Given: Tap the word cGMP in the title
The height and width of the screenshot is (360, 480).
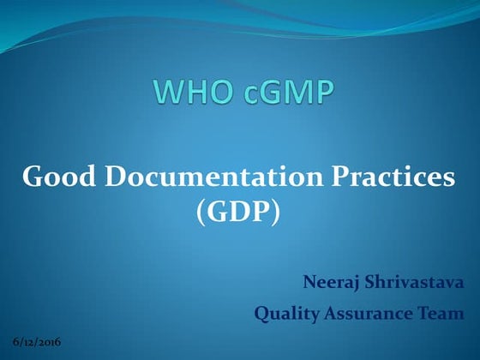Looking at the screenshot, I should tap(286, 92).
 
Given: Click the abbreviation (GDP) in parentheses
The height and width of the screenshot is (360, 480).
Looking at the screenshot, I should tap(238, 211).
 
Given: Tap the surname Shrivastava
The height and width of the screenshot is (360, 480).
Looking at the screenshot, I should tap(415, 281).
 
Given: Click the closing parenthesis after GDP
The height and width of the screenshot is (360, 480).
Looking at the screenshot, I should tap(276, 212).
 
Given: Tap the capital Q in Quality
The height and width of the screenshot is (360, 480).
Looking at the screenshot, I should tap(261, 315).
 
